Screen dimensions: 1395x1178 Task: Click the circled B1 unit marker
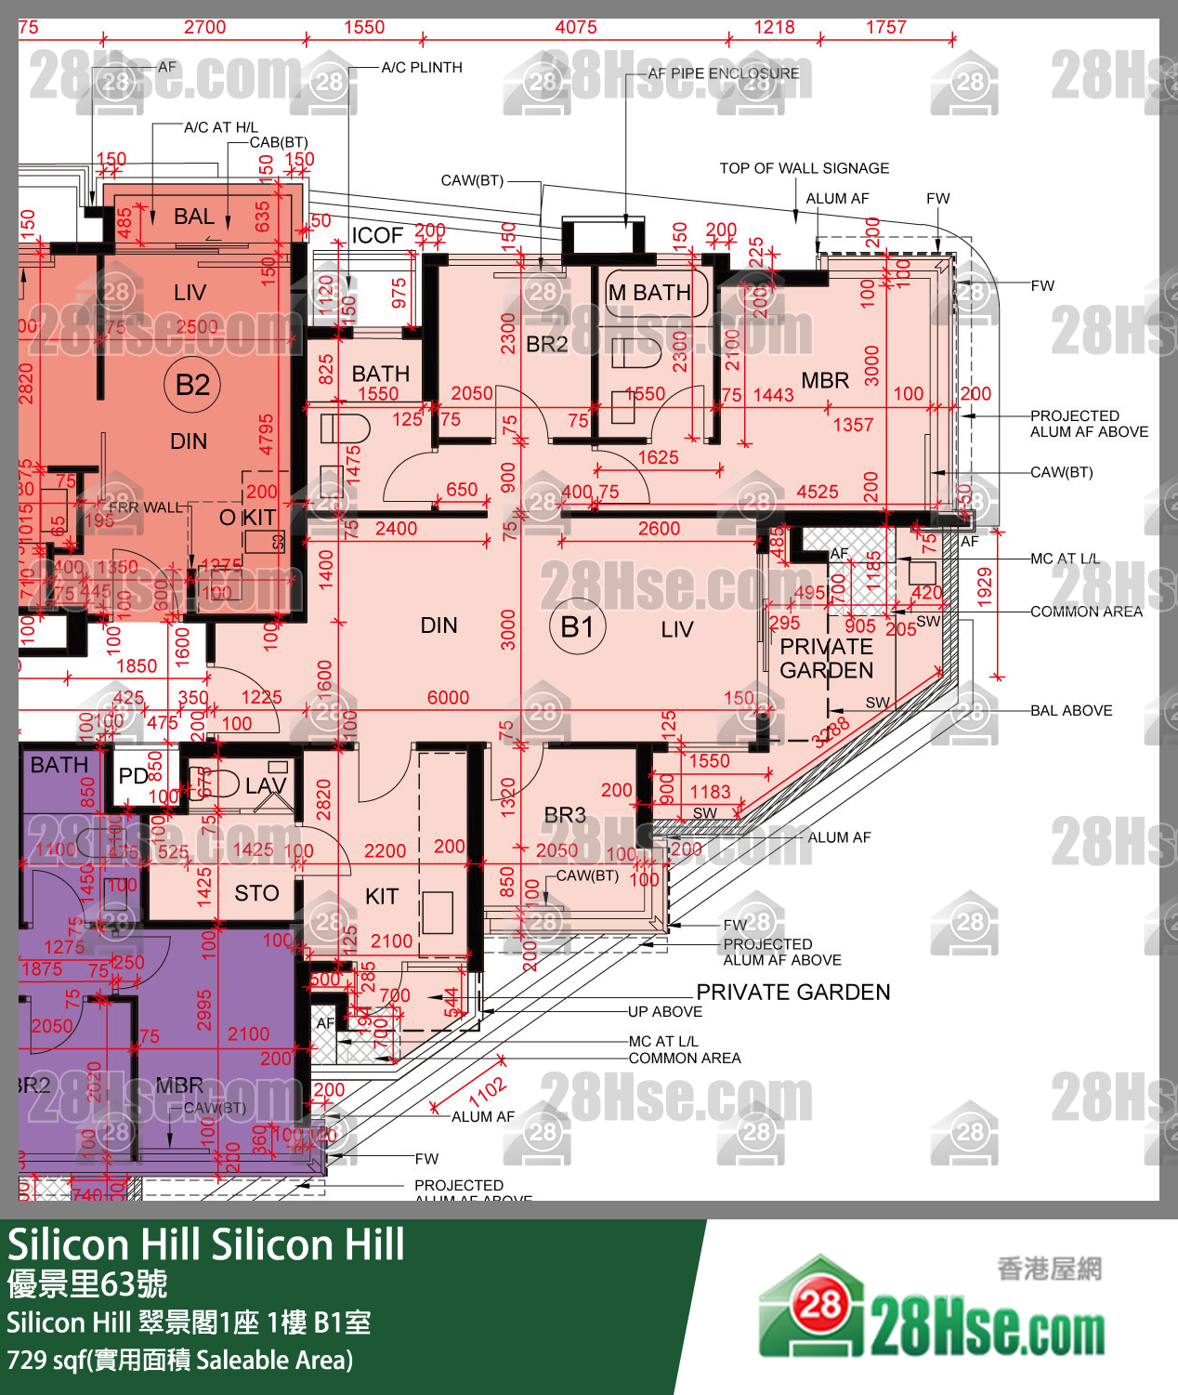pos(577,627)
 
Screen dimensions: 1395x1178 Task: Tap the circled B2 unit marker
pos(192,384)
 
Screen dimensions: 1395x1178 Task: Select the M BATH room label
pos(649,293)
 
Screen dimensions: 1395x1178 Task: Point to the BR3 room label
pos(565,815)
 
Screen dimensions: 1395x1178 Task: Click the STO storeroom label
pos(256,893)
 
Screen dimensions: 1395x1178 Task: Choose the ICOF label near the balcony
pos(377,235)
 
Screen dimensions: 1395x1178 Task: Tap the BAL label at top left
pos(194,217)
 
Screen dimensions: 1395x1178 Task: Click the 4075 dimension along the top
pos(576,27)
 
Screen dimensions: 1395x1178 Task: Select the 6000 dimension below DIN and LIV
pos(448,698)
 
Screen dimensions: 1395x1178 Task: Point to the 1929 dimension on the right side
pos(985,586)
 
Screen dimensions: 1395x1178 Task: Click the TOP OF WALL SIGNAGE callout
pos(804,168)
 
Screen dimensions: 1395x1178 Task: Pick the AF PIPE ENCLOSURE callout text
pos(724,73)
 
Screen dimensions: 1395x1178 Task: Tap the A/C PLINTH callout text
pos(422,67)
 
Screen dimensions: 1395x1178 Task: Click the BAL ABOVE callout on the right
pos(1071,711)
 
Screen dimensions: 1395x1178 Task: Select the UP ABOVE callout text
pos(665,1011)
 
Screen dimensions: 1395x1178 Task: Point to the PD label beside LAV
pos(133,775)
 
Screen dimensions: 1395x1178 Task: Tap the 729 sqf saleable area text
pos(179,1361)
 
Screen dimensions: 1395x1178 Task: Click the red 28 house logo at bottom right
pos(818,1305)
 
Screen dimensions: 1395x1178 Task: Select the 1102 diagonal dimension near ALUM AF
pos(487,1090)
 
